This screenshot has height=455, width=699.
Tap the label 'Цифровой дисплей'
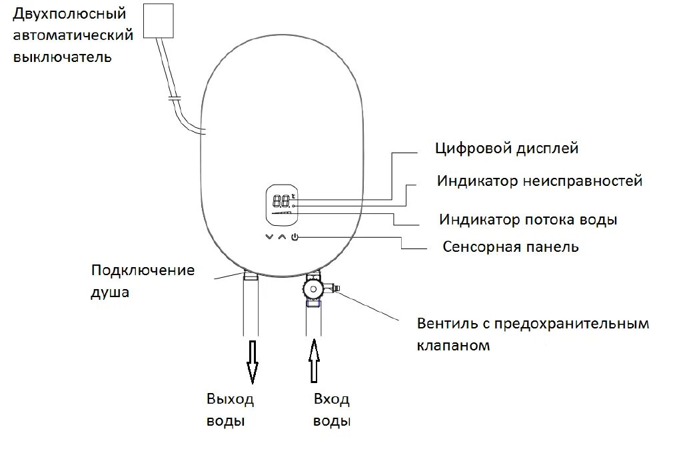click(x=506, y=148)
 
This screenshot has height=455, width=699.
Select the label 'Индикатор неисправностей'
click(x=540, y=181)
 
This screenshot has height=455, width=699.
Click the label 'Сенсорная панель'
click(x=510, y=247)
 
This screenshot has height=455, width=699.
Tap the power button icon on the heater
click(x=295, y=238)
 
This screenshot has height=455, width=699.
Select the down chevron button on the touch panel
click(x=269, y=237)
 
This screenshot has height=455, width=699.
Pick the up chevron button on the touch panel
click(x=281, y=237)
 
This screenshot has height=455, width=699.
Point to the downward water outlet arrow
click(x=252, y=361)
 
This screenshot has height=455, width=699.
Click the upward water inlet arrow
click(x=315, y=361)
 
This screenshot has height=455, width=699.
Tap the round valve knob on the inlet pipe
click(x=312, y=290)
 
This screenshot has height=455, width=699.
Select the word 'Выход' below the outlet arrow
click(x=230, y=400)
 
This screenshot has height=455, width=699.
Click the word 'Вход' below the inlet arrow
click(x=331, y=400)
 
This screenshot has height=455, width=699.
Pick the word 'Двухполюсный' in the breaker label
click(x=70, y=13)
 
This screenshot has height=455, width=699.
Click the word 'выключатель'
click(x=63, y=57)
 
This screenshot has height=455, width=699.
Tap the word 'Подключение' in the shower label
click(x=143, y=270)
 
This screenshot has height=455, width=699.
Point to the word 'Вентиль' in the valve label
click(x=444, y=324)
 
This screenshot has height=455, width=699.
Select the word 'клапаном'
click(x=454, y=346)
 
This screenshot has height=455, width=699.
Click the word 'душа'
click(x=109, y=292)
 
